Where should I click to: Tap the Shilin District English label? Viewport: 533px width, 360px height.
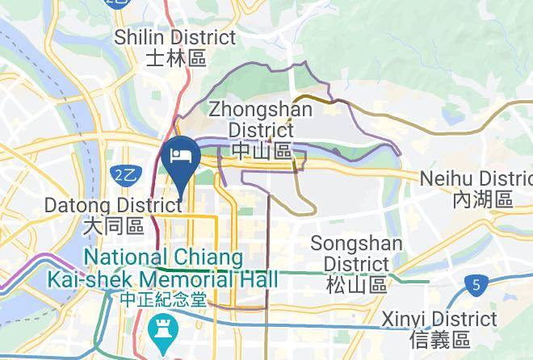(x=175, y=37)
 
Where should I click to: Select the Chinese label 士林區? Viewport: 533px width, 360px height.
(x=175, y=58)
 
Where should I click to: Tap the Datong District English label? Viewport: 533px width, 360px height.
(x=114, y=206)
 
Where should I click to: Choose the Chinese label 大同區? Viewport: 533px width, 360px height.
(x=113, y=227)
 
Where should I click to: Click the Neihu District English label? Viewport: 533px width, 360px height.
(x=476, y=178)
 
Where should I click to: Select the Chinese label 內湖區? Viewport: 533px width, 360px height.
(x=483, y=199)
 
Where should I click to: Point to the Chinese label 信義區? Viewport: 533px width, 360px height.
(x=439, y=339)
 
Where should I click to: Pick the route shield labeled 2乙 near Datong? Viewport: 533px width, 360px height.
(x=124, y=175)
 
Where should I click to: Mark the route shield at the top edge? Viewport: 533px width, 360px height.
(x=117, y=3)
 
